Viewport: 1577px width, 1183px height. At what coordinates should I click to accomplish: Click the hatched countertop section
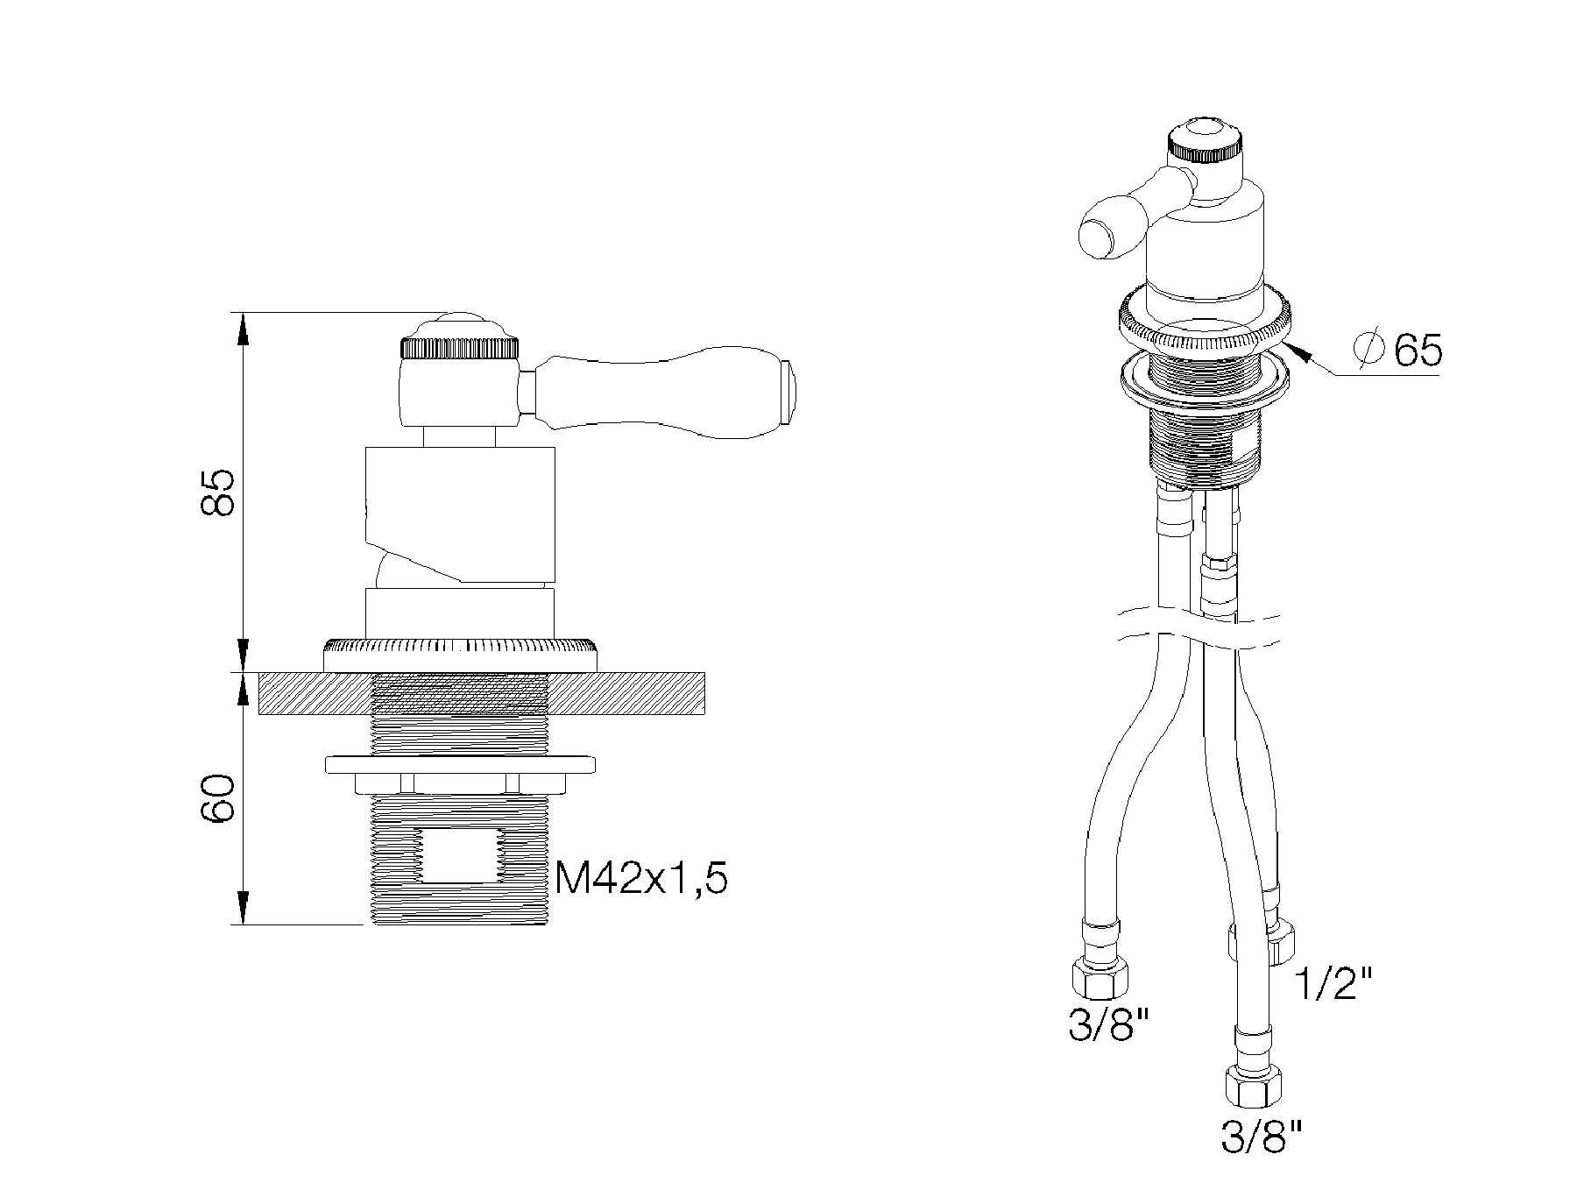click(x=482, y=693)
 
